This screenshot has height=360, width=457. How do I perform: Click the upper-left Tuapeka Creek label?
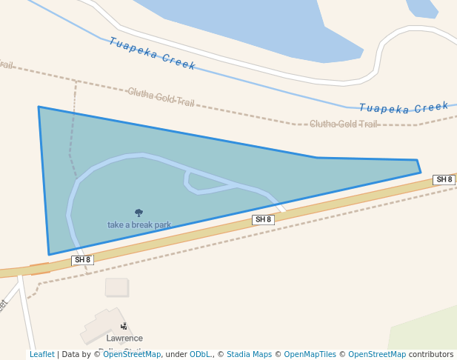point(152,53)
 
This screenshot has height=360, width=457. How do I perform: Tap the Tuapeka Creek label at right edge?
point(404,108)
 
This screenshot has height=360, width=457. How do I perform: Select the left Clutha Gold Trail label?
point(161,96)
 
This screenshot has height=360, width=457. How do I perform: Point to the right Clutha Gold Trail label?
point(343,124)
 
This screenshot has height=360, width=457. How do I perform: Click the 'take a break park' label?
point(139,224)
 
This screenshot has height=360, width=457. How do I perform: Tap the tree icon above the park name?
point(139,213)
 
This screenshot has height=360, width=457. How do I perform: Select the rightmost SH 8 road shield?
point(444,179)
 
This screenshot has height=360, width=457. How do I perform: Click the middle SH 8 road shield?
point(263,219)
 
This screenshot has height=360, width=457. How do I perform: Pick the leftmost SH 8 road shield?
point(82,260)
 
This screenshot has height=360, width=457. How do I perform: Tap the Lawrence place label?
point(124,338)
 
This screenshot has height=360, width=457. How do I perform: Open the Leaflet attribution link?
point(42,354)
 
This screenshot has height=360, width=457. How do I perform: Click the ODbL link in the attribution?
point(200,354)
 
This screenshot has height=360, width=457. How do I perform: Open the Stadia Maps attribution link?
point(250,354)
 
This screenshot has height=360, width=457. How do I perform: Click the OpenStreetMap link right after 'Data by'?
point(132,354)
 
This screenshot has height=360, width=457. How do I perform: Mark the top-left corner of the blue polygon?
point(39,107)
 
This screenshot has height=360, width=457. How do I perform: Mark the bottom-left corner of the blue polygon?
point(49,255)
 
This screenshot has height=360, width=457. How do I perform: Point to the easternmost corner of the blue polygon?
point(421,173)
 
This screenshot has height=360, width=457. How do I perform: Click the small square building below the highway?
point(116,287)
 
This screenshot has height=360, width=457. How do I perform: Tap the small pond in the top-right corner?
point(422,7)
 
